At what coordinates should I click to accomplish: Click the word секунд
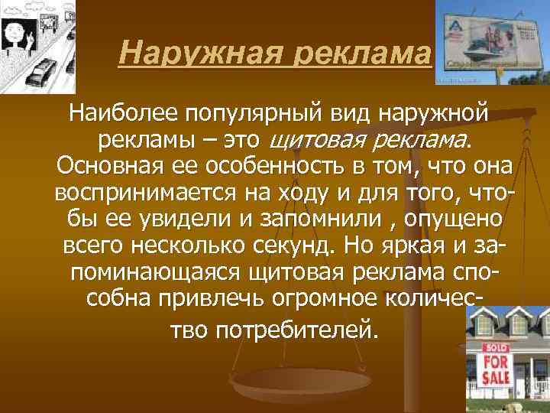click(293, 246)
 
